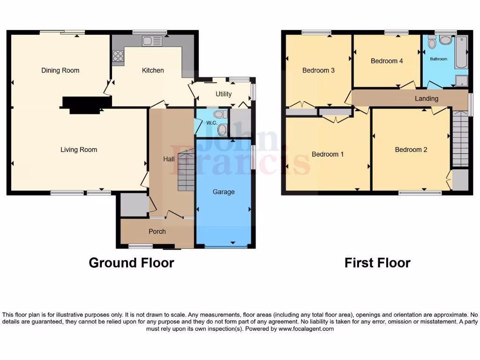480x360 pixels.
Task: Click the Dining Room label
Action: [60, 70]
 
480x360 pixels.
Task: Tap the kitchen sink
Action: [152, 41]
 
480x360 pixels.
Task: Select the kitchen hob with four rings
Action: [118, 56]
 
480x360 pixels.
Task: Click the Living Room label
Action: [79, 150]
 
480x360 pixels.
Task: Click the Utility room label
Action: [224, 94]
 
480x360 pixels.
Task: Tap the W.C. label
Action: [211, 123]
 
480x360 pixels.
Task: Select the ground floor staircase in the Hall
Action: [186, 170]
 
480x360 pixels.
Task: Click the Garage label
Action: [224, 192]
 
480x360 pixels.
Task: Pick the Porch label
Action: [157, 231]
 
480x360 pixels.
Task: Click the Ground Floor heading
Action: [131, 263]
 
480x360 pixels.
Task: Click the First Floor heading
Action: [377, 263]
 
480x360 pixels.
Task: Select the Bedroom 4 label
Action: [387, 61]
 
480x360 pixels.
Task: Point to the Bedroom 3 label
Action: [318, 70]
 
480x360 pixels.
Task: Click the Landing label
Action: [427, 98]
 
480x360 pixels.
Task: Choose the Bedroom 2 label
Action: [411, 150]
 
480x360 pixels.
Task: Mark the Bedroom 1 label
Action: [328, 154]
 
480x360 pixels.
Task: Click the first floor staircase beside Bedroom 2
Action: [460, 138]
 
